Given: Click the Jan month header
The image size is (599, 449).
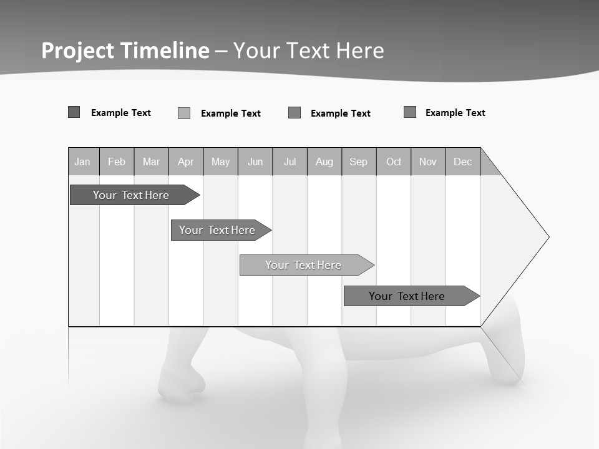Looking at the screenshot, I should coord(82,162).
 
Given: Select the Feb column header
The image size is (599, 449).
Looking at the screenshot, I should coord(117,162).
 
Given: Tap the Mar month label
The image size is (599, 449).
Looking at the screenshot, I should coord(151,162).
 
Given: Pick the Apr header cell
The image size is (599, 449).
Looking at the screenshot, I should coord(186,162).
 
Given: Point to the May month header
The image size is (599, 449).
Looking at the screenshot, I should coord(220,162).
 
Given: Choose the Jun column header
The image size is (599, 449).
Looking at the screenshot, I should coord(255,162).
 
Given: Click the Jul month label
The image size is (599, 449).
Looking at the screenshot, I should coord(290,162).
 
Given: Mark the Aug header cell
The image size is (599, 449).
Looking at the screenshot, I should coord(324,162).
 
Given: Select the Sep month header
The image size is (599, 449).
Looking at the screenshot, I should coord(359,162).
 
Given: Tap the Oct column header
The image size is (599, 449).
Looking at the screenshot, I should coord(394,162).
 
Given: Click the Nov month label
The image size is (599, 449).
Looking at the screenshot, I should coord(428,162).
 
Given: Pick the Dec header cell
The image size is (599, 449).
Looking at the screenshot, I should coord(463,162).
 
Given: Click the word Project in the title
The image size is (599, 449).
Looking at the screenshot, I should coord(80,51).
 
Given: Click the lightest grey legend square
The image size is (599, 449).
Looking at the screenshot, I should coord(184,113).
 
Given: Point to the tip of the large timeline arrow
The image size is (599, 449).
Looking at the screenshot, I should coord(547,237).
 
